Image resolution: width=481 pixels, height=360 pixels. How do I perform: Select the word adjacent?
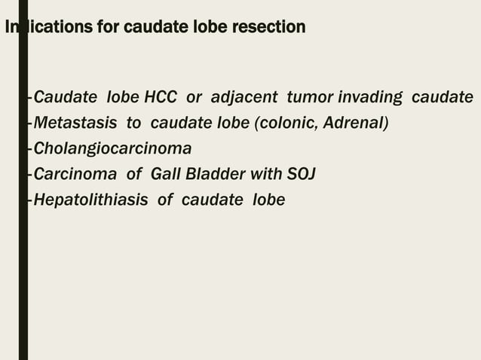click(244, 98)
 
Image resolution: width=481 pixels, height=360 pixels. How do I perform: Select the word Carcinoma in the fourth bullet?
click(75, 174)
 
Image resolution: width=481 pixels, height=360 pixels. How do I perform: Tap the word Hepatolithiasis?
click(90, 200)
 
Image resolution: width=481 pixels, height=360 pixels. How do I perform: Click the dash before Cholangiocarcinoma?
click(29, 148)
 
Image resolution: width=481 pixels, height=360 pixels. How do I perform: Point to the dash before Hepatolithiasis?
click(29, 200)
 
